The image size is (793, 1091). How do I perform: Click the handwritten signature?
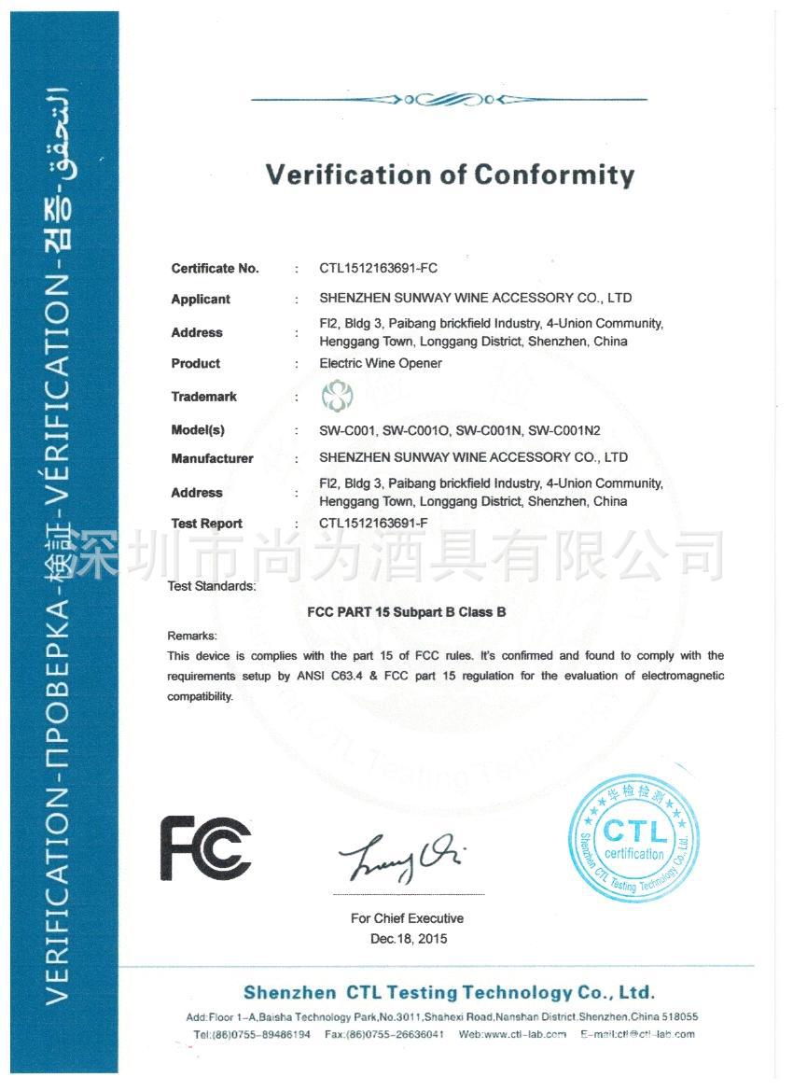tap(401, 857)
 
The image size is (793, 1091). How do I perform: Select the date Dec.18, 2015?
tap(408, 939)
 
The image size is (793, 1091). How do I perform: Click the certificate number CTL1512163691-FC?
tap(378, 268)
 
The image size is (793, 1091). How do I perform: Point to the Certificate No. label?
tap(215, 269)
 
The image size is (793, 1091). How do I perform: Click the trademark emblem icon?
tap(336, 396)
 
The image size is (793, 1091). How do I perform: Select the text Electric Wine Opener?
tap(380, 363)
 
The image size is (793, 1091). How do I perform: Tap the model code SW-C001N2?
tap(563, 430)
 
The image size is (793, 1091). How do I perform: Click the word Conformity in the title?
tap(554, 175)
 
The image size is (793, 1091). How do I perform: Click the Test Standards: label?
tap(212, 587)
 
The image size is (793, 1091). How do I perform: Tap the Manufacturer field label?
tap(212, 458)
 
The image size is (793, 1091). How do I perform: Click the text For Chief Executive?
tap(407, 918)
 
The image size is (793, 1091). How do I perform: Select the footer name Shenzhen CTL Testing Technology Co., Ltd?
tap(449, 992)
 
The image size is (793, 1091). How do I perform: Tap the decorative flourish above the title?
tap(449, 99)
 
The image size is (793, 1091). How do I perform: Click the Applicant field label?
tap(201, 300)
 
